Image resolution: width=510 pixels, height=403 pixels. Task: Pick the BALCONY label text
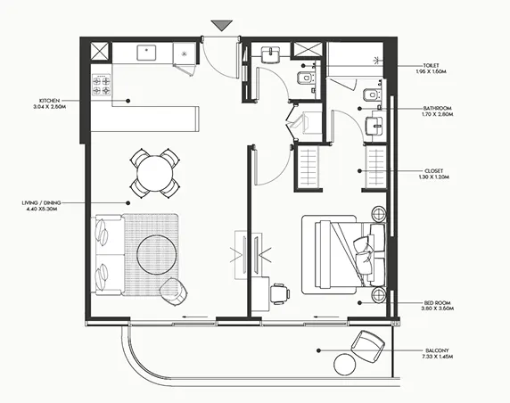point(437,350)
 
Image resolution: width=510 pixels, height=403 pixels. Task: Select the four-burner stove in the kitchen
point(102,86)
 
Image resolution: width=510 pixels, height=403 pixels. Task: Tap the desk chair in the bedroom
point(281,292)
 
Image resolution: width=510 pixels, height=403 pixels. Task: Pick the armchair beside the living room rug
point(174,290)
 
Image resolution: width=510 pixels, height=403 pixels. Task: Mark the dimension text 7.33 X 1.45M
point(436,358)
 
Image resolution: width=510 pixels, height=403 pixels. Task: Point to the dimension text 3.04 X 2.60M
point(48,107)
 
